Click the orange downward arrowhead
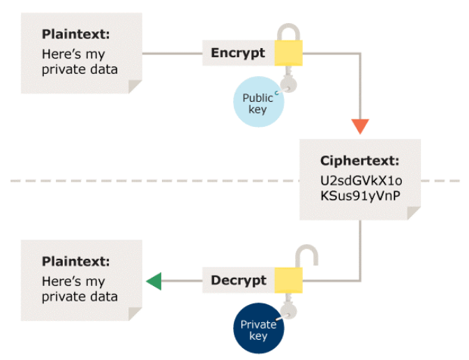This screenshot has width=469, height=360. tap(360, 126)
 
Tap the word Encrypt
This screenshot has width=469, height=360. tap(238, 53)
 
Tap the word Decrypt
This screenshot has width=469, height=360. tap(239, 280)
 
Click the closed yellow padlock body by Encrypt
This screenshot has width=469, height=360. tap(288, 54)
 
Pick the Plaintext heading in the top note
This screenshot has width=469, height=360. tap(76, 34)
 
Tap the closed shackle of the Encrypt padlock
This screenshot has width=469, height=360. tap(288, 31)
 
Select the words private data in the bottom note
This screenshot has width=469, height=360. tap(80, 296)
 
